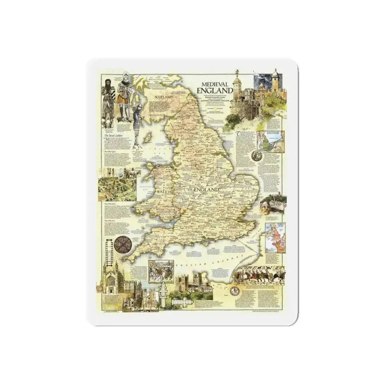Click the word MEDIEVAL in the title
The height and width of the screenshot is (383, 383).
click(214, 84)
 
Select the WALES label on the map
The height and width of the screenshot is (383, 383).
click(162, 192)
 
